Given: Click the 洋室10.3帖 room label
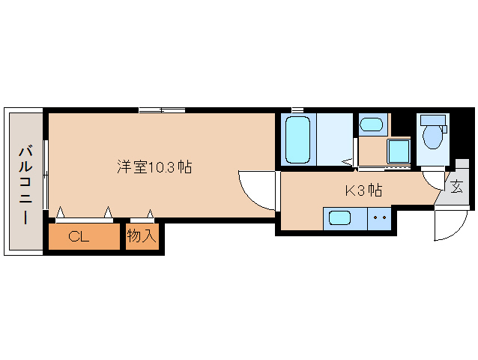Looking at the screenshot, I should pyautogui.click(x=154, y=166).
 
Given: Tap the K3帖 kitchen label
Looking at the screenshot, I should pyautogui.click(x=363, y=190).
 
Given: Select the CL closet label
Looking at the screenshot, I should pyautogui.click(x=79, y=237).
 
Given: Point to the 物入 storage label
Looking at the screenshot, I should pyautogui.click(x=142, y=237).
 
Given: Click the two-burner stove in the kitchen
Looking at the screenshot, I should pyautogui.click(x=379, y=219).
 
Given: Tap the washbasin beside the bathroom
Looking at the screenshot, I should pyautogui.click(x=371, y=124).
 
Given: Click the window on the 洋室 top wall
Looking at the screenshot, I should pyautogui.click(x=161, y=110).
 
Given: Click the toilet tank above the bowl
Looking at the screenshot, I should pyautogui.click(x=432, y=120).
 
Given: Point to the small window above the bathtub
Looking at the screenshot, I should pyautogui.click(x=297, y=110).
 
